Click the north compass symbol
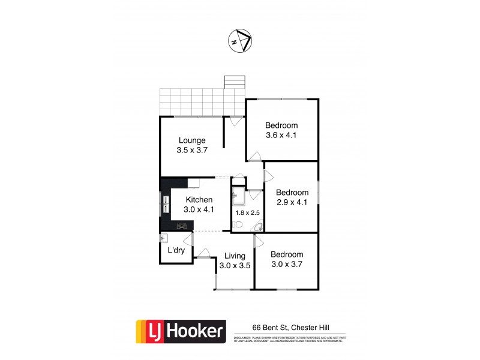240,41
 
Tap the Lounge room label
192,140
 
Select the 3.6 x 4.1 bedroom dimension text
281,135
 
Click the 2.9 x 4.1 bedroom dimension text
292,202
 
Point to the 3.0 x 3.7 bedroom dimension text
286,265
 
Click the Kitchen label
199,199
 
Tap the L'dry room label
176,251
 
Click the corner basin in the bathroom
259,226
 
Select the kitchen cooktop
182,226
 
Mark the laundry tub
164,239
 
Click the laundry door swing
188,241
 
